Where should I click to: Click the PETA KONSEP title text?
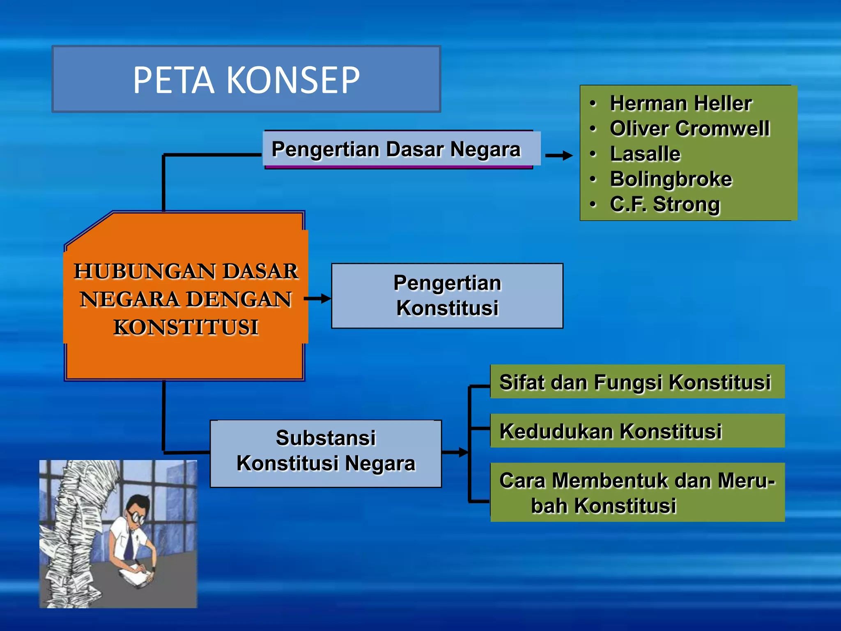[246, 80]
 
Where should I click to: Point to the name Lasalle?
[645, 154]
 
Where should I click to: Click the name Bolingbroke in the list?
[671, 180]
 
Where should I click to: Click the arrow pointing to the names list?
[559, 155]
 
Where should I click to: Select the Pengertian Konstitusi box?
[447, 296]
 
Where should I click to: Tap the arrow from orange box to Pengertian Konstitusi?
[317, 299]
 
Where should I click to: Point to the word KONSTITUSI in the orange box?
[186, 327]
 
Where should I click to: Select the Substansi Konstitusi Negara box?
[326, 454]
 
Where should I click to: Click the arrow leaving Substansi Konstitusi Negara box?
[455, 452]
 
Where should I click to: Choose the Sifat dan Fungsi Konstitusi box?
[637, 382]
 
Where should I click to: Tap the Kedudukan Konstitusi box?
[637, 431]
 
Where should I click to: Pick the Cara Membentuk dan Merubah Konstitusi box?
[637, 492]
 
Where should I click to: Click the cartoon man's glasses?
[136, 517]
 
